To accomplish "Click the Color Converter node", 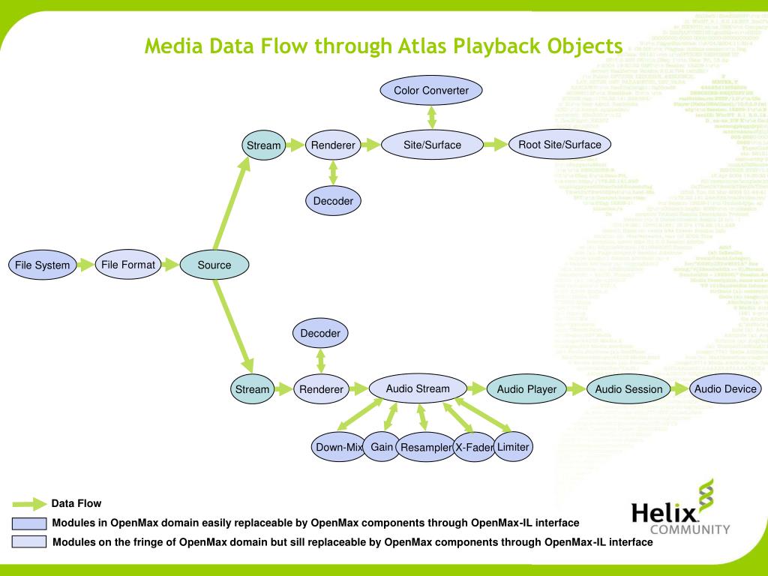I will click(x=431, y=91).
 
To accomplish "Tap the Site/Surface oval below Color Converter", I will click(x=432, y=145).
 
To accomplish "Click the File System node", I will click(x=42, y=265).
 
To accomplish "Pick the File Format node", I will click(x=128, y=265).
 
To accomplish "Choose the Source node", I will click(x=214, y=265).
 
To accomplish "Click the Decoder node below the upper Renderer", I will click(x=333, y=201).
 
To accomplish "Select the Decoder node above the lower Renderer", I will click(x=320, y=333).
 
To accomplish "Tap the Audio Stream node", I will click(x=417, y=389).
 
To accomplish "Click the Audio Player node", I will click(x=526, y=389).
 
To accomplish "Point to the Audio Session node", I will click(x=628, y=389).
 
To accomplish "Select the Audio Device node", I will click(x=725, y=389).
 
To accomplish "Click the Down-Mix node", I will click(x=338, y=448).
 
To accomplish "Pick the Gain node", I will click(x=382, y=447).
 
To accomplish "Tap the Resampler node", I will click(x=425, y=448).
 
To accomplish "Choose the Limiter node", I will click(x=513, y=447).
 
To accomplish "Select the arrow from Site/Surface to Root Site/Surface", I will click(x=494, y=145).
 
